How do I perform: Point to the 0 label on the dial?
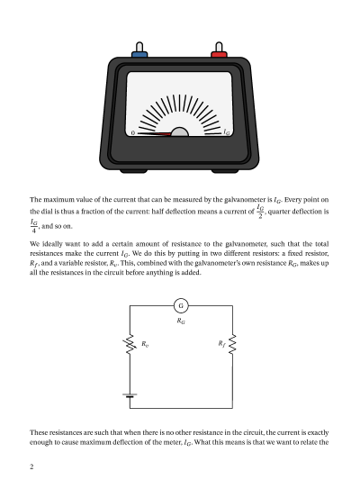click(133, 133)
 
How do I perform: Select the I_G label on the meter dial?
click(228, 133)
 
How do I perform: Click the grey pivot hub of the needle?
click(180, 133)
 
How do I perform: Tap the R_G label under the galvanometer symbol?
click(180, 321)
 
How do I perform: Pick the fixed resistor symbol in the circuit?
click(233, 344)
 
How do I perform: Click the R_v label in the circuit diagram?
click(145, 343)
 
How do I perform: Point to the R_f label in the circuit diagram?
click(221, 343)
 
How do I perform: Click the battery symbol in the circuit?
click(131, 394)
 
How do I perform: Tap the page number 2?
click(31, 467)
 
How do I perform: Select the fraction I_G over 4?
click(33, 225)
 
